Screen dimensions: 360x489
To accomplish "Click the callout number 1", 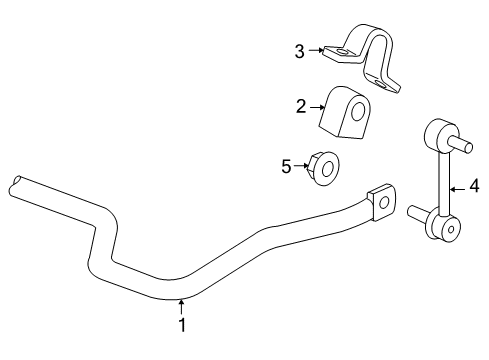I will [x=182, y=325].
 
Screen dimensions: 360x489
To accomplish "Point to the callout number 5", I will [x=286, y=166].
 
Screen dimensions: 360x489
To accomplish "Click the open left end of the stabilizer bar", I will [x=15, y=184].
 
